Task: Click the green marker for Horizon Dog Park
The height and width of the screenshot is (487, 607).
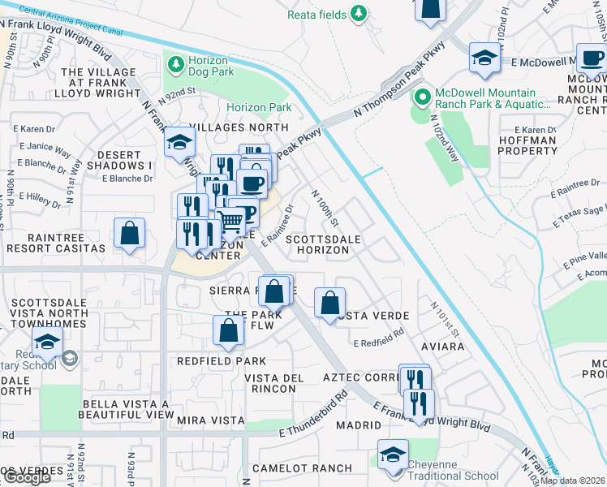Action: point(173,62)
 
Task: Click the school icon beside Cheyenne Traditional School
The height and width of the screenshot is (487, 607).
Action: point(393,454)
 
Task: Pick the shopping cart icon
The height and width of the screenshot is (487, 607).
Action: point(231,220)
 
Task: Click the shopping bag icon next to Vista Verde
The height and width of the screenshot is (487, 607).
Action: point(329,304)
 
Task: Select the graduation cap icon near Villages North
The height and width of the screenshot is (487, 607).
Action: point(179,143)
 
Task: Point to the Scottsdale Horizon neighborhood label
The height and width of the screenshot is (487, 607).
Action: point(317,245)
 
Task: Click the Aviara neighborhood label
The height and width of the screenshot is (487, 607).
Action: point(442,347)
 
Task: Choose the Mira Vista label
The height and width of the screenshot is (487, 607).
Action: point(210,420)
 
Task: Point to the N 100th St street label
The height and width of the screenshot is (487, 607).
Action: point(325,209)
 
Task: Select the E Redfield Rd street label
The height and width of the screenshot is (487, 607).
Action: point(380,339)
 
